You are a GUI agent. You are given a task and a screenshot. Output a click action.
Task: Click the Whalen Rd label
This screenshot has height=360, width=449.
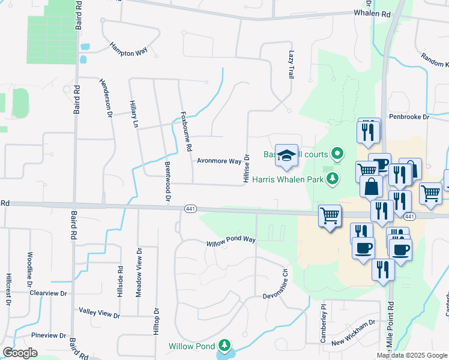(x=372, y=13)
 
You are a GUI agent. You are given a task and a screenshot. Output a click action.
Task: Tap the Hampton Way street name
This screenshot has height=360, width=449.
(x=128, y=49)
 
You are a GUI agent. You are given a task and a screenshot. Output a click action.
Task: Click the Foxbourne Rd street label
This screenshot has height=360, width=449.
(x=186, y=131)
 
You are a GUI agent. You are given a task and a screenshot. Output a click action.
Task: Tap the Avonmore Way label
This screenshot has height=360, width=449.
(x=219, y=161)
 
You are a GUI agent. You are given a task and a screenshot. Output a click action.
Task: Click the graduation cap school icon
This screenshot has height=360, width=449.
(x=287, y=155)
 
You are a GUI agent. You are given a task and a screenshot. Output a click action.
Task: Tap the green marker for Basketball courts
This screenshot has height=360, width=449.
(x=337, y=154)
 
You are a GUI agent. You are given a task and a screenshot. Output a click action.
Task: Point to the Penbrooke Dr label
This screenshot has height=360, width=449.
(x=409, y=117)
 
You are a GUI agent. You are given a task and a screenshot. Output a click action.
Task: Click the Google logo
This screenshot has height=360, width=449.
(x=20, y=353)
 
